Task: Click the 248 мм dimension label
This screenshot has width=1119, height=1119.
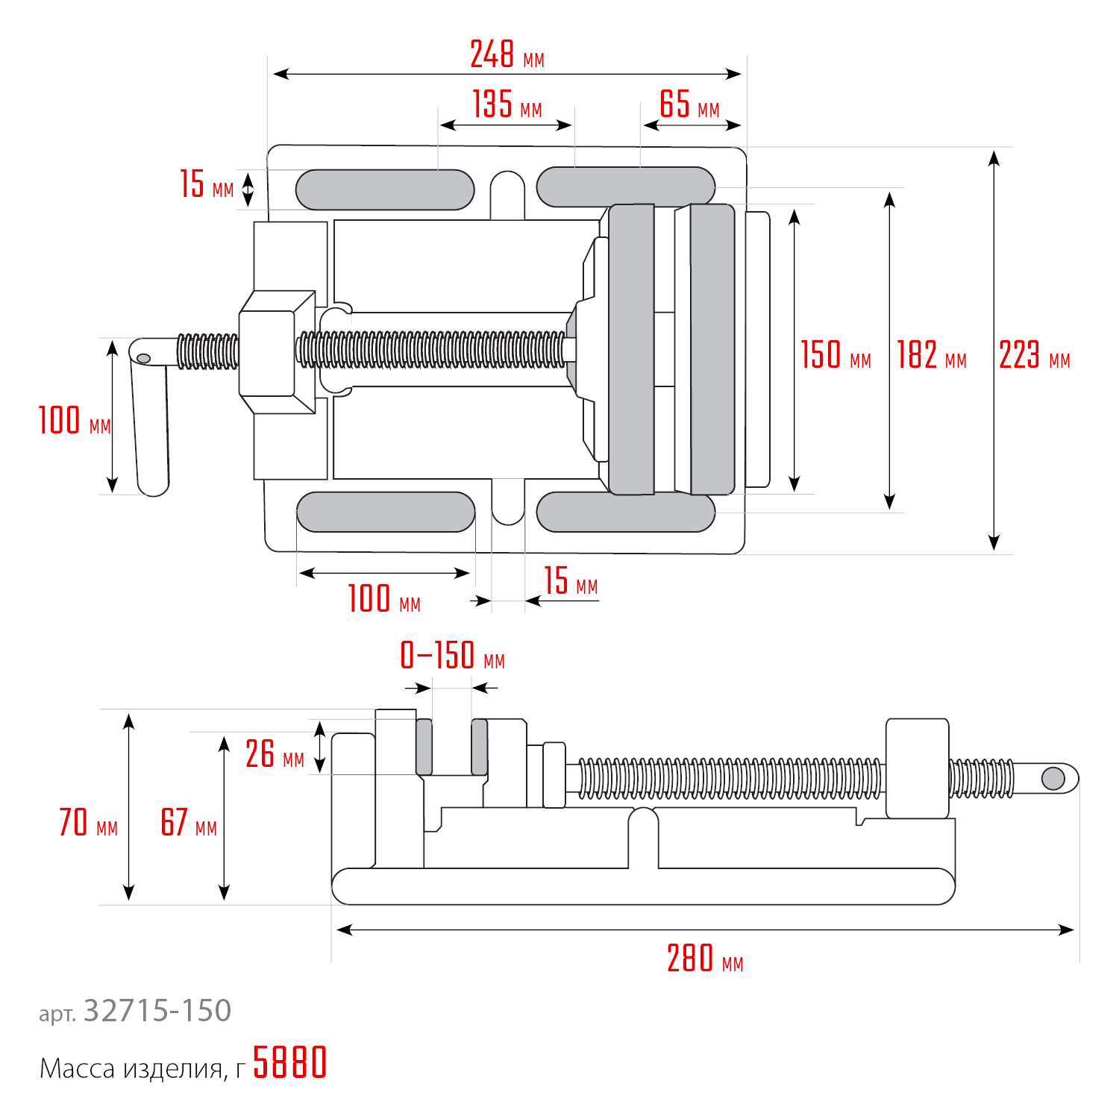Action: coord(507,55)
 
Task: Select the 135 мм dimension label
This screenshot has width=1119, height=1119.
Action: coord(507,104)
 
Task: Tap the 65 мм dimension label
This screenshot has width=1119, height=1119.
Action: coord(689,104)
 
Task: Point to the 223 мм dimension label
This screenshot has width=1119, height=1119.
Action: coord(1034,355)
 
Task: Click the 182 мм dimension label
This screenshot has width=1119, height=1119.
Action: coord(931,355)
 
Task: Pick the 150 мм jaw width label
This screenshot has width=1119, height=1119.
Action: coord(836,355)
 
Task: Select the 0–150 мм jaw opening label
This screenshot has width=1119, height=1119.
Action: coord(452,656)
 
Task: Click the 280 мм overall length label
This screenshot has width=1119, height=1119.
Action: coord(704,959)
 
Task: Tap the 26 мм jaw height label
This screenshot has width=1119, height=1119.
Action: coord(275,754)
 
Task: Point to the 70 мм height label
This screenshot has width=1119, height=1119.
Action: coord(88,823)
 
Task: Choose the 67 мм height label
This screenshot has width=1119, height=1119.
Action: coord(189,823)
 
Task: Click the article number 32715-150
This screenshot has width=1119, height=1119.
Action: coord(157,1011)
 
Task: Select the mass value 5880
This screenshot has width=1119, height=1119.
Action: coord(289,1063)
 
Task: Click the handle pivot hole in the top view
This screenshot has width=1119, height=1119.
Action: coord(144,359)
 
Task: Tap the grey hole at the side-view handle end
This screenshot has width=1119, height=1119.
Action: coord(1053,778)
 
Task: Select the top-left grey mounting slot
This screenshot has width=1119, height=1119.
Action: coord(384,189)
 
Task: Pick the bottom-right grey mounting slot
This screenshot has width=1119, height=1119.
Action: coord(625,512)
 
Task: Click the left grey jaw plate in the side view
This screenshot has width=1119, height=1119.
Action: coord(424,747)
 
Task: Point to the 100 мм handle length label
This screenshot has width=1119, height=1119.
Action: coord(74,421)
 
